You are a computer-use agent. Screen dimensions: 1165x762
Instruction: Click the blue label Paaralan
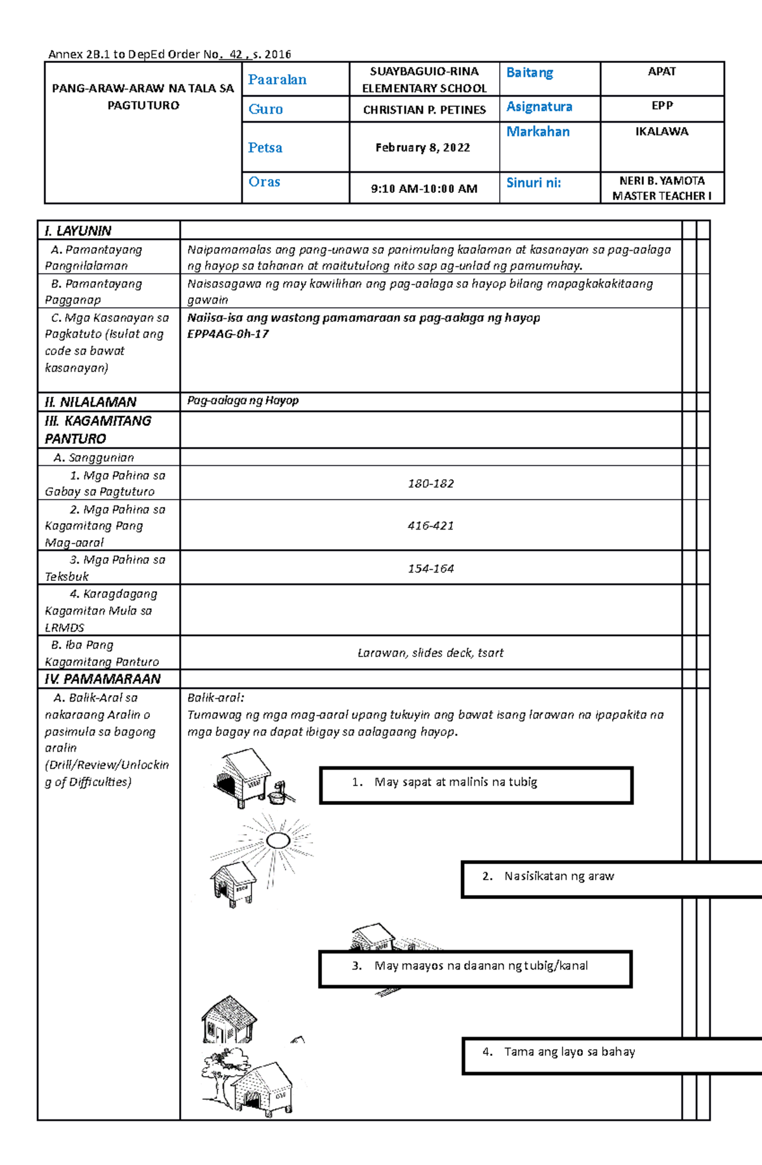pyautogui.click(x=277, y=79)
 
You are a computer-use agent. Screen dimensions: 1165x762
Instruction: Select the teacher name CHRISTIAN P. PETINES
pyautogui.click(x=424, y=110)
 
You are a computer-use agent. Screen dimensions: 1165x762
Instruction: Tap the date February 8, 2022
pyautogui.click(x=423, y=147)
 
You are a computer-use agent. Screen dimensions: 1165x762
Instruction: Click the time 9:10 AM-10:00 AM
pyautogui.click(x=424, y=189)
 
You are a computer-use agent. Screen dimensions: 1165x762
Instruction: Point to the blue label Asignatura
pyautogui.click(x=539, y=107)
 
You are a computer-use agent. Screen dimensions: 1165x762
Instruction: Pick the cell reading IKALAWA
pyautogui.click(x=662, y=131)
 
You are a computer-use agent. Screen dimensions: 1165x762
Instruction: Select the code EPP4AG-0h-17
pyautogui.click(x=228, y=334)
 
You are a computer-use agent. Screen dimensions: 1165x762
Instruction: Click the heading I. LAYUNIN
pyautogui.click(x=78, y=230)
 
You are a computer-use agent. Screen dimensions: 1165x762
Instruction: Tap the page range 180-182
pyautogui.click(x=431, y=484)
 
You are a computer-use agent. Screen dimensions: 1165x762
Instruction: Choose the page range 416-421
pyautogui.click(x=431, y=526)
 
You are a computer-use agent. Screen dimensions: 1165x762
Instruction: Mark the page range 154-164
pyautogui.click(x=431, y=569)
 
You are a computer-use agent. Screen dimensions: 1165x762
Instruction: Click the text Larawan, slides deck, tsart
pyautogui.click(x=431, y=653)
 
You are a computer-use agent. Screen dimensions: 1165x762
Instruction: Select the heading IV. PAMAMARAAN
pyautogui.click(x=102, y=679)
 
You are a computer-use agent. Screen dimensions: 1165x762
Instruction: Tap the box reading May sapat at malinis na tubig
pyautogui.click(x=476, y=785)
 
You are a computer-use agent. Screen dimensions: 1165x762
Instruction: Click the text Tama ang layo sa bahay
pyautogui.click(x=569, y=1052)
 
